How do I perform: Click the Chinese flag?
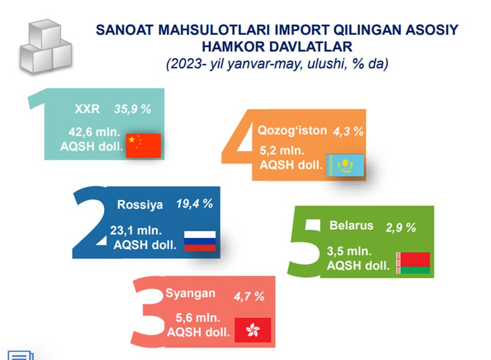point(144,146)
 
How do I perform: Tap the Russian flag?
point(200,241)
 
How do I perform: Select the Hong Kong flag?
point(253,330)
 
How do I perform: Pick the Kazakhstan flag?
point(345,165)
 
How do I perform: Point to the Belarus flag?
point(413,263)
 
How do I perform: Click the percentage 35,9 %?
point(133,109)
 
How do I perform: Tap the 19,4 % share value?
point(194,204)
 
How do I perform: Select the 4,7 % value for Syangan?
point(249,296)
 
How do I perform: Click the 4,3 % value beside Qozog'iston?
point(348,131)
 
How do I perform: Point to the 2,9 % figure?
point(401,227)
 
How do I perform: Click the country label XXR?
point(87,109)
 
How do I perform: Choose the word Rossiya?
point(140,204)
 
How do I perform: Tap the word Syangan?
point(190,294)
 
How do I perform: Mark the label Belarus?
point(351,226)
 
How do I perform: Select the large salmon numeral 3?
point(147,312)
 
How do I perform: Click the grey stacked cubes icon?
point(46,46)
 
